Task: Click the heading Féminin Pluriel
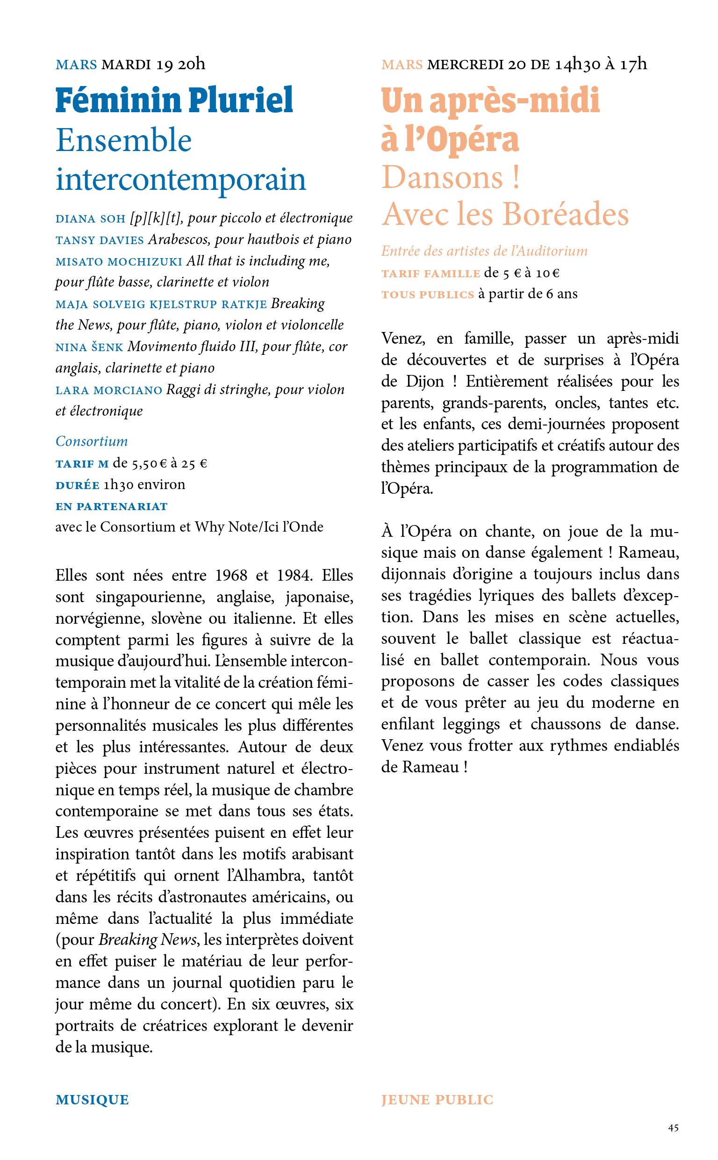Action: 174,100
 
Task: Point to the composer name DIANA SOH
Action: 90,219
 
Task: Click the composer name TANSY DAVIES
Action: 99,240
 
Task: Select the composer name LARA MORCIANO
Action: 109,390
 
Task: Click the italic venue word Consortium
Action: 92,441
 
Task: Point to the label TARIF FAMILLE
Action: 430,274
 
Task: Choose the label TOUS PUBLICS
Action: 427,295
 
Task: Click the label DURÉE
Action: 78,485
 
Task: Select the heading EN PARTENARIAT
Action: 112,506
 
